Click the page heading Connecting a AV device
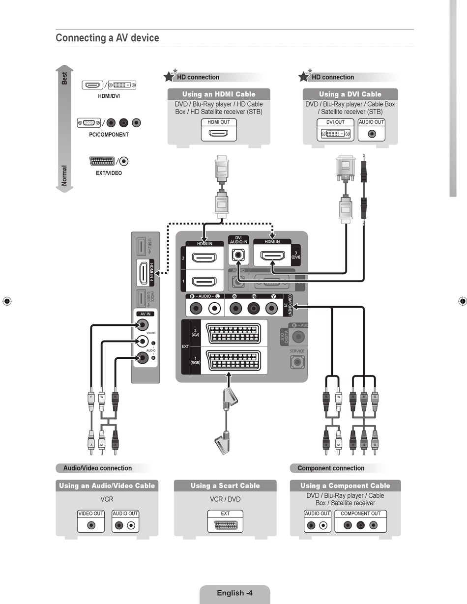(107, 38)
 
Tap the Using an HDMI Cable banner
(219, 94)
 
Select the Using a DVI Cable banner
(350, 94)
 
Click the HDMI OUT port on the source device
(219, 133)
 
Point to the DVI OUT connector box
(336, 133)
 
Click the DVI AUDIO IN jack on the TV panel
(238, 256)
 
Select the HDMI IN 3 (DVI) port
(272, 256)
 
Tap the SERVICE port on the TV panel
(297, 362)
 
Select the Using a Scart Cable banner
(225, 486)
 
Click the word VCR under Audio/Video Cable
(107, 499)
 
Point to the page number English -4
(234, 593)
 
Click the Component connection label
(331, 468)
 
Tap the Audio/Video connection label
(97, 468)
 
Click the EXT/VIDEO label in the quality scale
(109, 173)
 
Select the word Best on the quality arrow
(64, 78)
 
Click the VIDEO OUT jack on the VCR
(91, 525)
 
